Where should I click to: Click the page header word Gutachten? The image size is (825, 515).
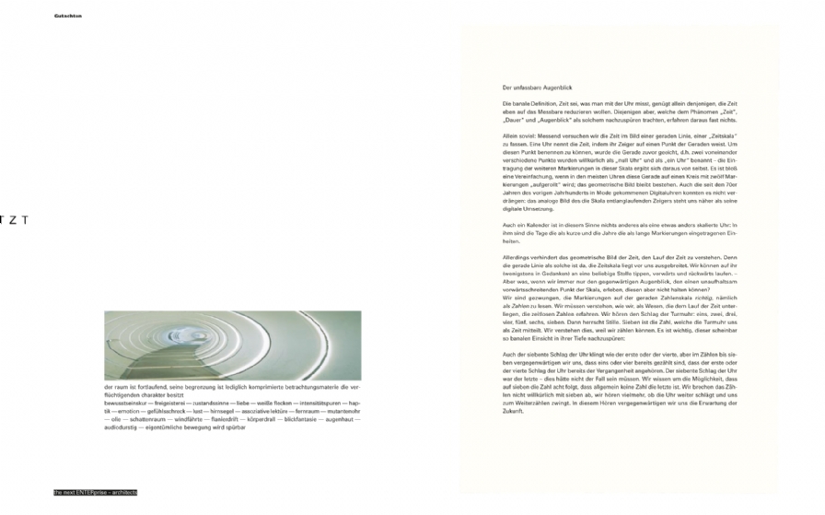(68, 16)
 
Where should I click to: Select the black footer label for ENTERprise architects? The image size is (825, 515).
(96, 493)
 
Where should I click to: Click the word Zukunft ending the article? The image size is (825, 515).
(514, 410)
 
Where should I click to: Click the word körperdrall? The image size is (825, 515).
(256, 419)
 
